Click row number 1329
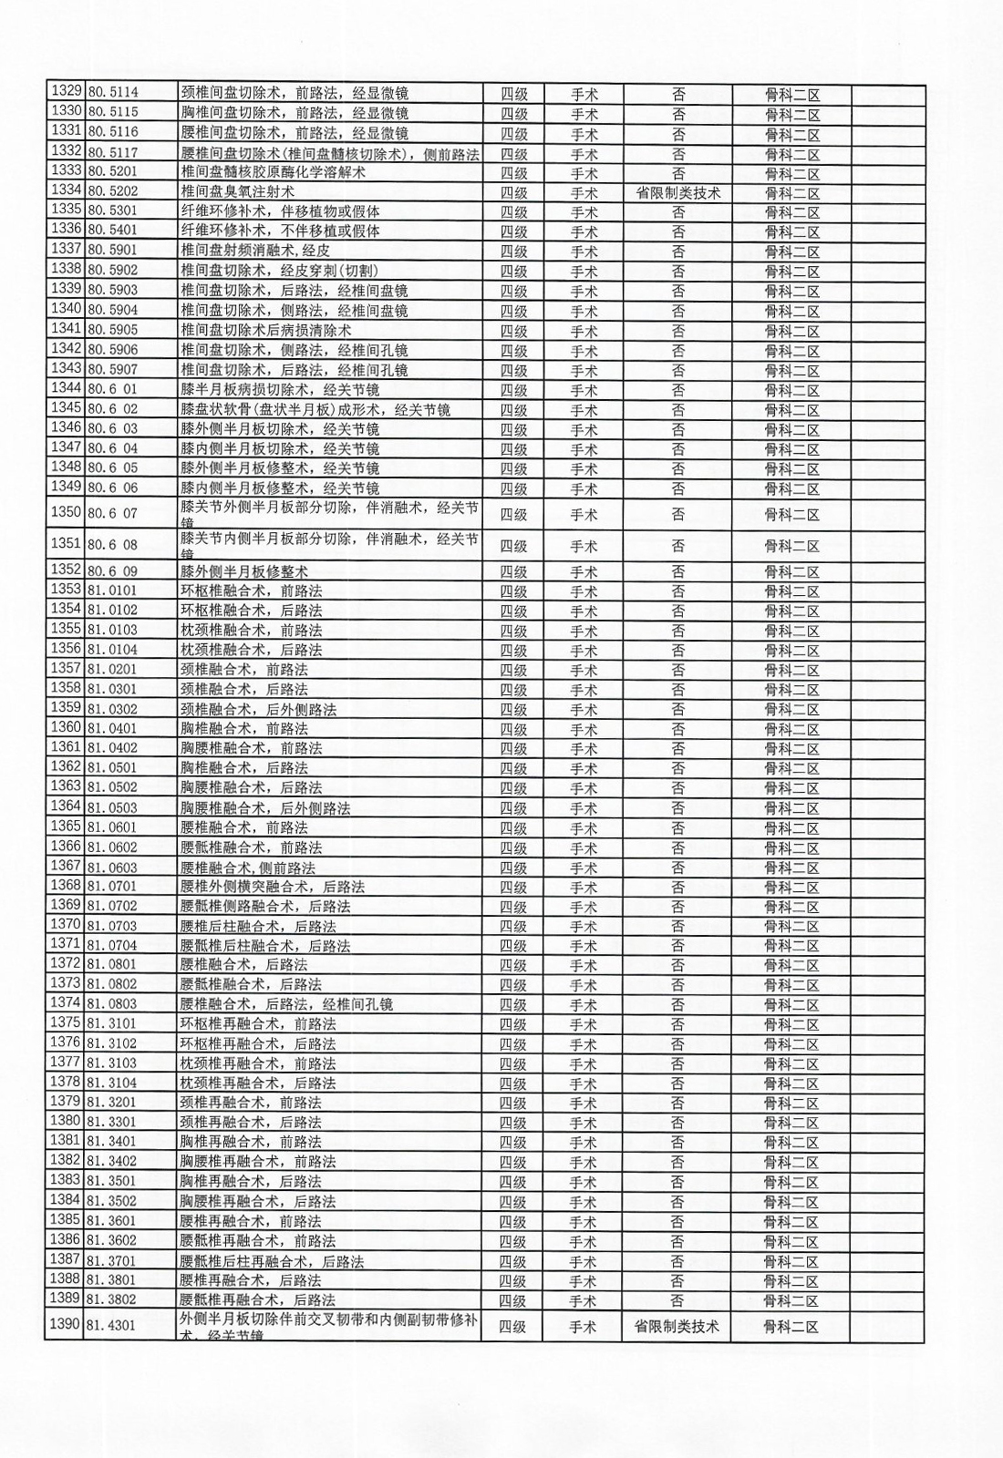coord(66,92)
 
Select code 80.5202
coord(112,191)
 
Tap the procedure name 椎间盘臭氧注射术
coord(237,192)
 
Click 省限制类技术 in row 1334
coord(678,193)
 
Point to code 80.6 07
coord(112,514)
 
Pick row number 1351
coord(66,545)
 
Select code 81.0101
coord(112,590)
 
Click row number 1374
coord(66,1003)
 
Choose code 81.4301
coord(111,1326)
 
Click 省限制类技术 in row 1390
coord(677,1327)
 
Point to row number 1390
coord(66,1325)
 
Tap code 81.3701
coord(111,1261)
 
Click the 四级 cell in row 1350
coord(513,515)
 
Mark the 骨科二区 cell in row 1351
coord(791,547)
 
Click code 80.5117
coord(112,152)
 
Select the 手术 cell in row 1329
coord(584,94)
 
